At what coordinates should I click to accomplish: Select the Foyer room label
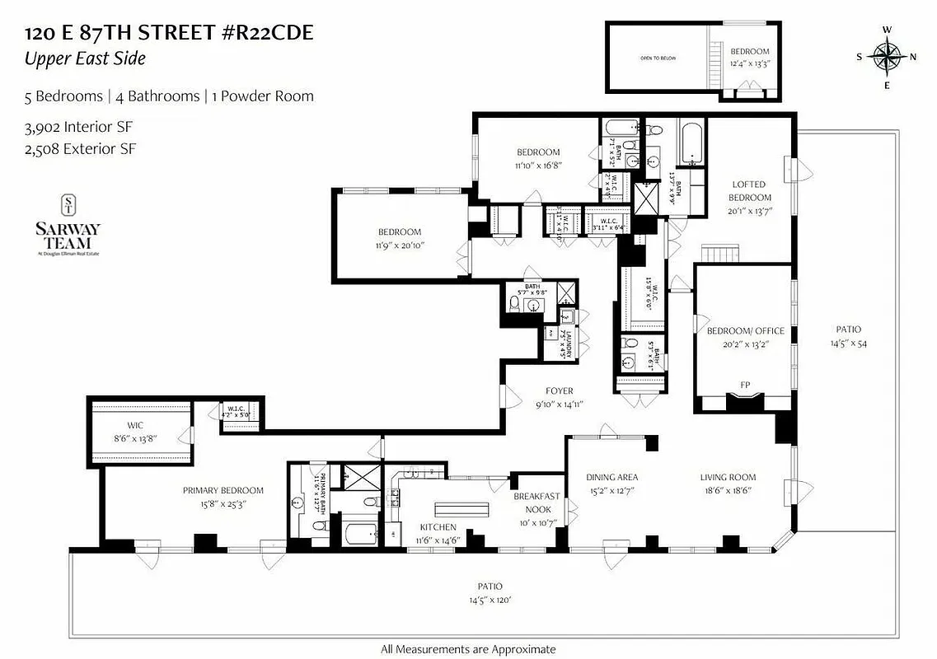[x=559, y=390]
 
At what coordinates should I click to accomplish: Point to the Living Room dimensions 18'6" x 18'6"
[x=728, y=490]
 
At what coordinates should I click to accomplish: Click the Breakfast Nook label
[x=536, y=502]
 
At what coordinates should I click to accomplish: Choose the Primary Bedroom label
[x=223, y=490]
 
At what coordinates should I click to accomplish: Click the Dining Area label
[x=611, y=477]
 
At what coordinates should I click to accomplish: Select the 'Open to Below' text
[x=658, y=58]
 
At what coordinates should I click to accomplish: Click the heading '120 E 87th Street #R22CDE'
[x=169, y=34]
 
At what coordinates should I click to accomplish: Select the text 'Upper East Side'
[x=85, y=58]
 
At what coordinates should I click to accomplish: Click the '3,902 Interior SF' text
[x=78, y=128]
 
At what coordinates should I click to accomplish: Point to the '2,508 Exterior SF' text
[x=80, y=149]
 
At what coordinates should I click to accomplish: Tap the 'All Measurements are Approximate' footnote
[x=467, y=649]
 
